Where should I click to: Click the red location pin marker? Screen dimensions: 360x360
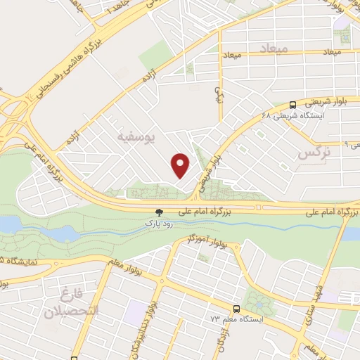coord(181,165)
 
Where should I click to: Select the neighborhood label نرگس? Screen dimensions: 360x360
coord(313,153)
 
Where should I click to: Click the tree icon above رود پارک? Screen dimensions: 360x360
coord(160,211)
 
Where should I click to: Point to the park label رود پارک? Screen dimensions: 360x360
coord(159,223)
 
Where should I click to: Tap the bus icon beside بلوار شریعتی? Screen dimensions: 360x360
coord(292,103)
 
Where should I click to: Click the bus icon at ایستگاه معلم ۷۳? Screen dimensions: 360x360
coord(237,308)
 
